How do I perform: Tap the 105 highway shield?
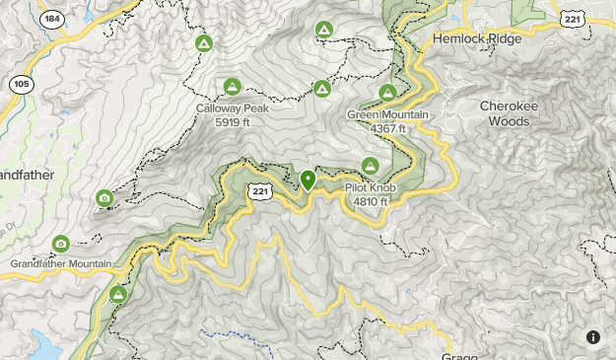point(21,85)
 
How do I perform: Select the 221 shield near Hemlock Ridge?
point(574,19)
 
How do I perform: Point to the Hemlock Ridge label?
point(476,39)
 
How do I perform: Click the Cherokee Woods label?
point(518,113)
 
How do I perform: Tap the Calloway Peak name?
point(232,108)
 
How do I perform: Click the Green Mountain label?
point(387,114)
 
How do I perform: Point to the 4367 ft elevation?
point(387,128)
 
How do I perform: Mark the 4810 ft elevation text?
point(371,201)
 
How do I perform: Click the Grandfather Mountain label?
point(61,264)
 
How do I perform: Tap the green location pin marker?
point(308,180)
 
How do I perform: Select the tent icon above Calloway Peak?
point(232,87)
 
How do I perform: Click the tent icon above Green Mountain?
point(387,94)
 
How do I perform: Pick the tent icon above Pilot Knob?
point(371,166)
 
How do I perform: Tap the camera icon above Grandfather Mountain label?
point(60,244)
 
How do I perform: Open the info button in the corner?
point(593,337)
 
